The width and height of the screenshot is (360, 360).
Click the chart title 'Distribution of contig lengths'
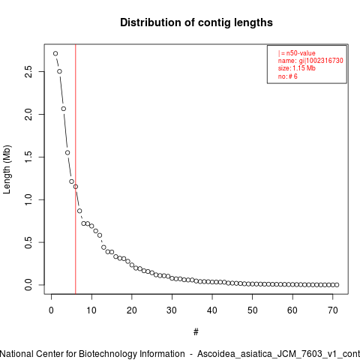[196, 22]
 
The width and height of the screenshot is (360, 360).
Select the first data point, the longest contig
[55, 53]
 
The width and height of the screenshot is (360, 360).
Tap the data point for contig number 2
[59, 71]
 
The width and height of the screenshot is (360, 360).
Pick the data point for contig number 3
[64, 109]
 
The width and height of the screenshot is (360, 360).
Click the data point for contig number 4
[67, 153]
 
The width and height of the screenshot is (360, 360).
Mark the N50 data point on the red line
[76, 187]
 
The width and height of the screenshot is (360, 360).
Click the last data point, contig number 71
[337, 285]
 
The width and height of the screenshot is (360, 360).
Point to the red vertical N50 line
[76, 169]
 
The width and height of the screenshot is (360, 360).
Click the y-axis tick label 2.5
[28, 72]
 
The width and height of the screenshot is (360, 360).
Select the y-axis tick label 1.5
[28, 157]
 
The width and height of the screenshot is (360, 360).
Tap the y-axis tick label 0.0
[28, 285]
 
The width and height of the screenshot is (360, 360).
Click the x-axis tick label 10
[91, 310]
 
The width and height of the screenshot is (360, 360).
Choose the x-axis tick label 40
[212, 310]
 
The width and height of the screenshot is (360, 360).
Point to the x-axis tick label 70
[333, 310]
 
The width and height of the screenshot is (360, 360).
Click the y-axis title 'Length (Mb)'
[7, 169]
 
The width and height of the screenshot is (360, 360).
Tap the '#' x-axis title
[196, 332]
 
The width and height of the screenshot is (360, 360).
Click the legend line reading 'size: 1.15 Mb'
[297, 68]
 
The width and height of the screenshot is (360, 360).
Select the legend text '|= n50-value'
[297, 53]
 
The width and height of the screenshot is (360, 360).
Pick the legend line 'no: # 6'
[288, 76]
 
